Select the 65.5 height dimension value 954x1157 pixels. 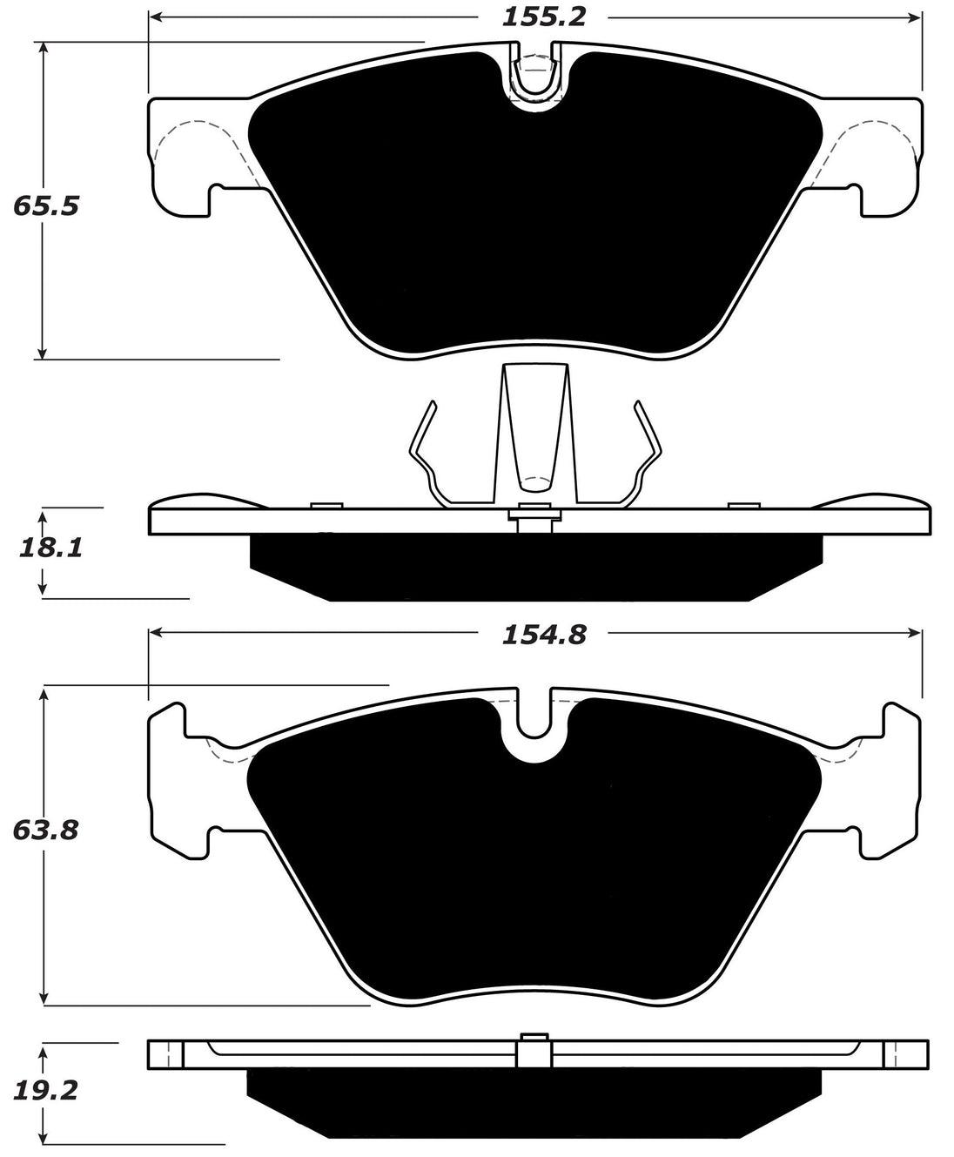(x=46, y=207)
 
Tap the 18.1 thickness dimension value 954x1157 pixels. (x=49, y=548)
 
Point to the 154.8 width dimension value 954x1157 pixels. (x=543, y=636)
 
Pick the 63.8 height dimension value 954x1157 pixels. (x=46, y=831)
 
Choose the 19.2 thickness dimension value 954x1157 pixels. (x=46, y=1091)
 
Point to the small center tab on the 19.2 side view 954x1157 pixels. (x=534, y=1048)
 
